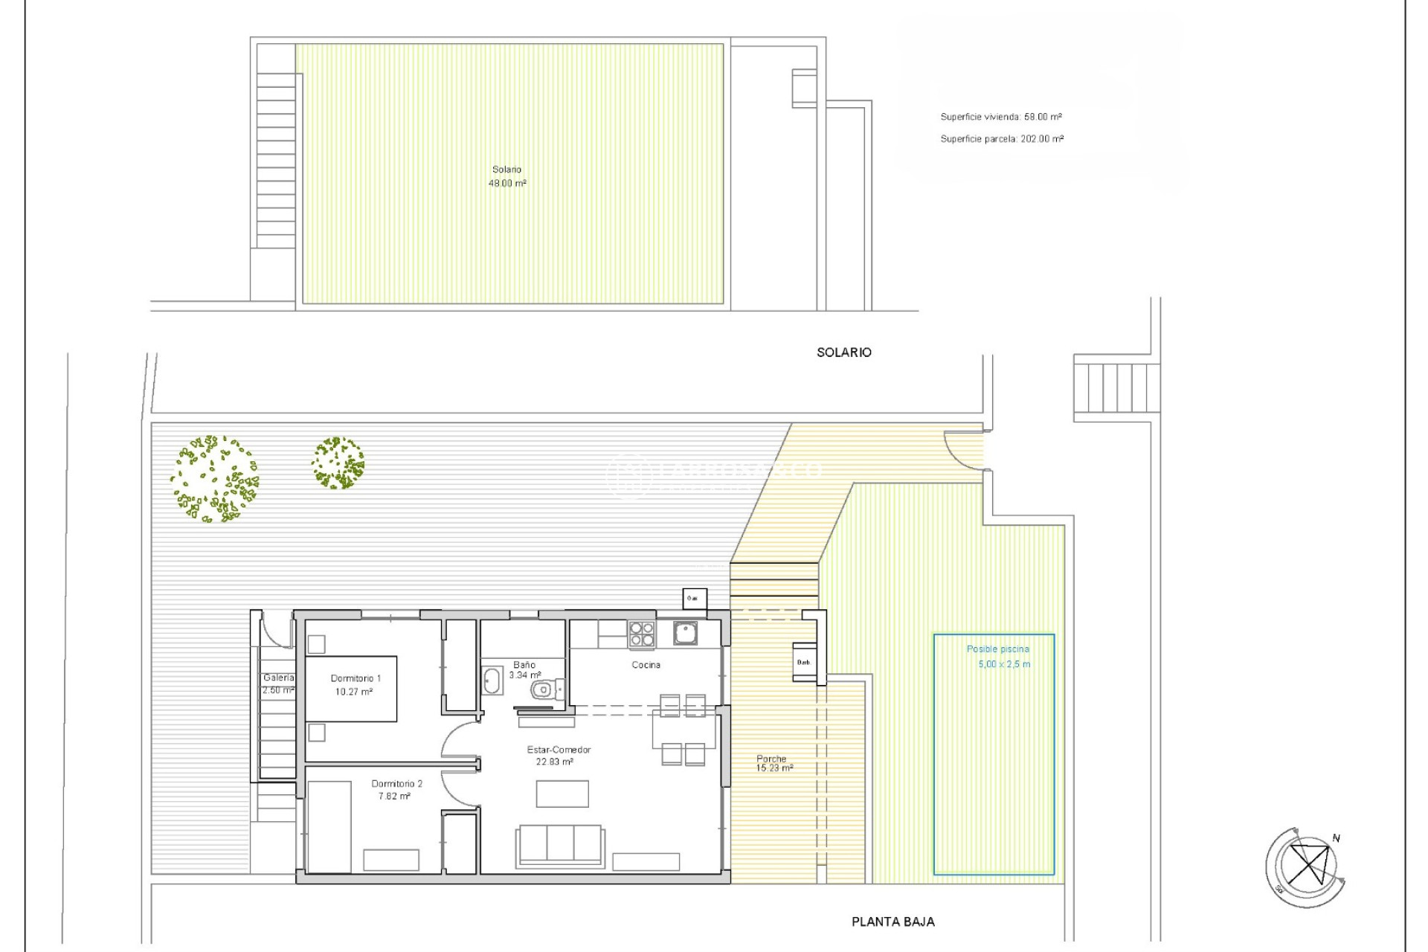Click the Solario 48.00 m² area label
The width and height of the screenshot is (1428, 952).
click(x=507, y=176)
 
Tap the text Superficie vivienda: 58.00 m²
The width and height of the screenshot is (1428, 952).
click(x=1000, y=117)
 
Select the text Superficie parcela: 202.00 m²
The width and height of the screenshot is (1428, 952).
click(x=1001, y=139)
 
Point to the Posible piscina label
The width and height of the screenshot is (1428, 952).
click(x=997, y=649)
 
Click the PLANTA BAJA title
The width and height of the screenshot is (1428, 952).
click(x=892, y=922)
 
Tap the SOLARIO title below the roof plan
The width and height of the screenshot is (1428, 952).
click(x=843, y=353)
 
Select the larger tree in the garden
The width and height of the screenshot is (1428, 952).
click(x=214, y=479)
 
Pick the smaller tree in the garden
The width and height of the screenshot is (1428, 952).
click(x=338, y=463)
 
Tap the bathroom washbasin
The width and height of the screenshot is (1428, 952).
click(x=492, y=681)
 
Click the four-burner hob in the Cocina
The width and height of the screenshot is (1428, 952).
click(x=642, y=634)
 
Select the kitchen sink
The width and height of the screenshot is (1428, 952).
click(x=685, y=633)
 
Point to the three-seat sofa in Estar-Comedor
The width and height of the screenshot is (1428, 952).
click(x=560, y=844)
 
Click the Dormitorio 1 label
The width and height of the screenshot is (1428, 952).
click(x=356, y=678)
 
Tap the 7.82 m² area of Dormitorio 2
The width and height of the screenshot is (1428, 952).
click(x=394, y=797)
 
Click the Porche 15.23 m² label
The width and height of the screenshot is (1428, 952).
click(x=773, y=763)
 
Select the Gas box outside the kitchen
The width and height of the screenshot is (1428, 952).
click(x=693, y=599)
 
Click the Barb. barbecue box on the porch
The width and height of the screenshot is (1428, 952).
click(x=804, y=662)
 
